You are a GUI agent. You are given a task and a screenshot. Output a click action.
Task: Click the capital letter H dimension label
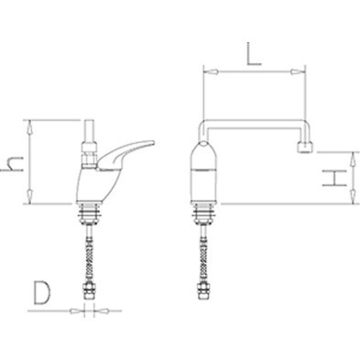point(334,179)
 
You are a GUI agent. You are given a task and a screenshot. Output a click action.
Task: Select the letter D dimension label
point(41,293)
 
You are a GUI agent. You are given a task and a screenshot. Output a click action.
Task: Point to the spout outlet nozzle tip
point(305,148)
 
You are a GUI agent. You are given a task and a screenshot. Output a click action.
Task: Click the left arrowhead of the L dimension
point(211,72)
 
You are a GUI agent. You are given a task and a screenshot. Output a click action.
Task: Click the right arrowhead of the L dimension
point(298,72)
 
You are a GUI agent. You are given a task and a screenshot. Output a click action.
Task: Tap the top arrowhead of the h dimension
point(30,127)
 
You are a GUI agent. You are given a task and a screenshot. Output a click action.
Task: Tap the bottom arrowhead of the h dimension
point(30,197)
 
